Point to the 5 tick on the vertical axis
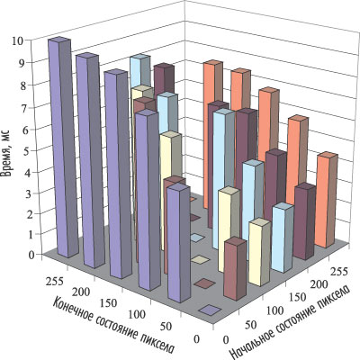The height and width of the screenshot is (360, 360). click(x=25, y=150)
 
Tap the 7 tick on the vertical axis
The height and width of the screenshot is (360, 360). click(x=25, y=107)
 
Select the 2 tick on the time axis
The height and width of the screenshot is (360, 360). click(x=25, y=214)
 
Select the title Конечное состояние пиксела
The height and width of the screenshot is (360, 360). click(x=113, y=327)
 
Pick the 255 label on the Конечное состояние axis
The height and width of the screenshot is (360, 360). click(x=55, y=282)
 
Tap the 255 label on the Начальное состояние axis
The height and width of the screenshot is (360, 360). click(x=340, y=272)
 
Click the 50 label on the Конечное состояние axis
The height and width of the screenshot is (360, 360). click(x=166, y=327)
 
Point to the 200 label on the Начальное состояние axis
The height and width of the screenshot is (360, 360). click(x=319, y=284)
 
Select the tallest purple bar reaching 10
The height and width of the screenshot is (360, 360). click(x=59, y=147)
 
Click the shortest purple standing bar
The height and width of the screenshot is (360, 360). click(x=179, y=243)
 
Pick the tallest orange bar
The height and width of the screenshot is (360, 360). click(x=213, y=134)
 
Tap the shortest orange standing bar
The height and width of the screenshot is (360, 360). click(x=327, y=200)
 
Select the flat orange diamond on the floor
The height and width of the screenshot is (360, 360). click(x=193, y=199)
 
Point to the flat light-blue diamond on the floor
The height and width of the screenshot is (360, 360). click(x=197, y=238)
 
